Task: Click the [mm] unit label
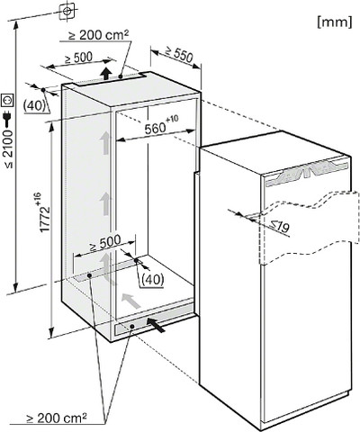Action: tap(335, 22)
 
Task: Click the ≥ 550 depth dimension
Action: tap(179, 55)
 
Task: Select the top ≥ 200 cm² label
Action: tap(98, 35)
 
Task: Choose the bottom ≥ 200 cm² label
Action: tap(57, 418)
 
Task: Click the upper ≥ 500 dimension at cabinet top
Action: tap(78, 58)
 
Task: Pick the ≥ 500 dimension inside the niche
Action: tap(105, 243)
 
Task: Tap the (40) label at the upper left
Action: tap(35, 105)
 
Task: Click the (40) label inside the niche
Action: tap(153, 280)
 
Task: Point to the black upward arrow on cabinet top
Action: tap(105, 74)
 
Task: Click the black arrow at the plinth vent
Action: tap(156, 325)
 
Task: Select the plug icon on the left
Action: tap(7, 118)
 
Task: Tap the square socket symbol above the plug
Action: tap(7, 101)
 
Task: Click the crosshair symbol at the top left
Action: tap(67, 11)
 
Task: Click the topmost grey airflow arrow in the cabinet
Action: tap(104, 143)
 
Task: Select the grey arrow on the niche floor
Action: tap(130, 301)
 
